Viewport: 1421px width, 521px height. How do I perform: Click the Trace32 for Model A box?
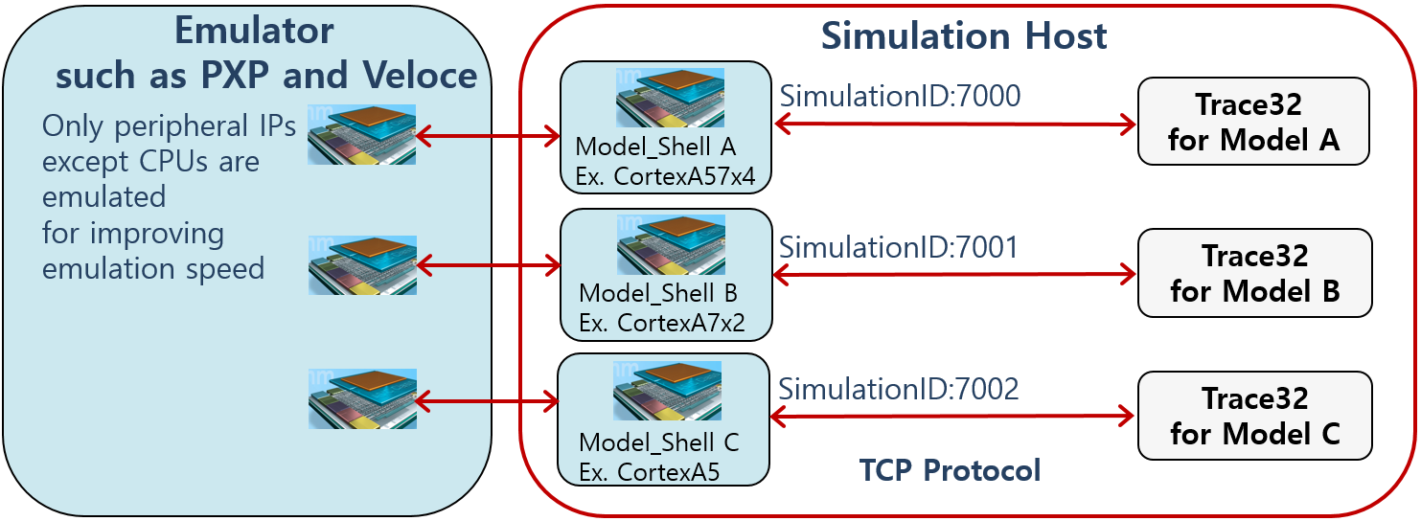1253,122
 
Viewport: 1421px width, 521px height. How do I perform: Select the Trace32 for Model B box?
1254,273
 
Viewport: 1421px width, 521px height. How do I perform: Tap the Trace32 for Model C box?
1254,416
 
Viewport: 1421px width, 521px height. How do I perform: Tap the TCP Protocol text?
950,469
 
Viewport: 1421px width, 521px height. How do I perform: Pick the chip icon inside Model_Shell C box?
667,391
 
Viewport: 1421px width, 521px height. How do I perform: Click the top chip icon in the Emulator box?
362,134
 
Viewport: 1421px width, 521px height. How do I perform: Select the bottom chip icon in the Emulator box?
362,398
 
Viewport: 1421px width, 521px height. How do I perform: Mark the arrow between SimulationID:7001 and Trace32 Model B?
953,275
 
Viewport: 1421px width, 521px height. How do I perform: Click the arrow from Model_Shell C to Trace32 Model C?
952,416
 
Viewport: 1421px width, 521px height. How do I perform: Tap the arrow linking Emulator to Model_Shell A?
489,137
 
